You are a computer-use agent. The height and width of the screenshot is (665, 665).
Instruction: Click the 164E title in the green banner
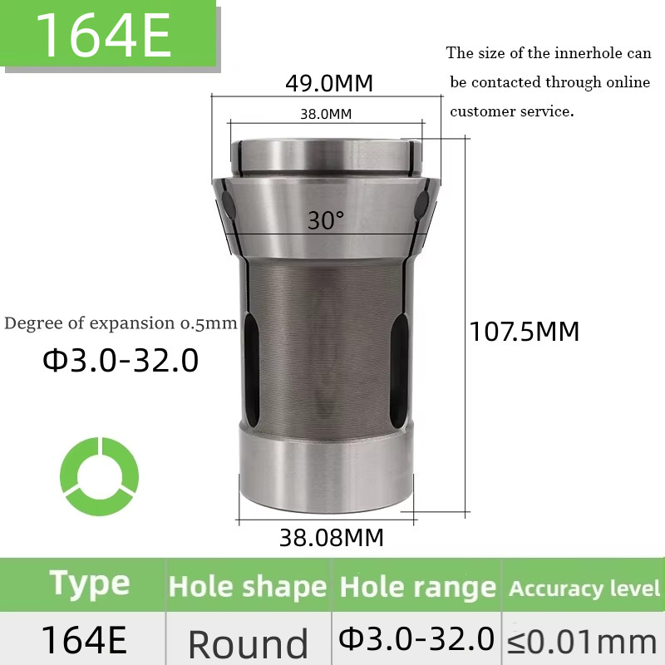click(x=103, y=35)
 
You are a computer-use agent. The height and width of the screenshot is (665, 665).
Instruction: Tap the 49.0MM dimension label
click(x=329, y=83)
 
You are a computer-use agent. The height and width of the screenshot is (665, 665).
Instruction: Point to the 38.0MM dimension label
click(x=326, y=114)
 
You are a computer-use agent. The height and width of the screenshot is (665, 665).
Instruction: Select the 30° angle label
click(x=325, y=220)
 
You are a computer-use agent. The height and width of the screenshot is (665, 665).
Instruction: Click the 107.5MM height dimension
click(x=525, y=332)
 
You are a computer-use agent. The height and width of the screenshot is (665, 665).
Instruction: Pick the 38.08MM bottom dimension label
click(x=332, y=538)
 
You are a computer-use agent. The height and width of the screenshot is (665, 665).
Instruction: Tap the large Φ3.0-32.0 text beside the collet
click(x=121, y=360)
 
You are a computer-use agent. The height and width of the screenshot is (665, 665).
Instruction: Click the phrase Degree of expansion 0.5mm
click(x=121, y=323)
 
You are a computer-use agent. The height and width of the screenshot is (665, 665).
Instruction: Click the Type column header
click(x=90, y=584)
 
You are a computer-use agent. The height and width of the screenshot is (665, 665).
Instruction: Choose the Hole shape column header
click(x=248, y=587)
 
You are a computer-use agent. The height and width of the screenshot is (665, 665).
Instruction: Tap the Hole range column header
click(x=418, y=587)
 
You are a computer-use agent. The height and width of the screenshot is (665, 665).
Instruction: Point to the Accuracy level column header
click(x=584, y=589)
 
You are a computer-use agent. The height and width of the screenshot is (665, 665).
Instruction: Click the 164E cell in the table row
click(x=83, y=640)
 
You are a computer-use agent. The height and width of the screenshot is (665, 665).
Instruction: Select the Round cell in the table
click(x=248, y=643)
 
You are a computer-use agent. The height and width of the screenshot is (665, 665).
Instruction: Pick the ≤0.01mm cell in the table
click(x=582, y=641)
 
